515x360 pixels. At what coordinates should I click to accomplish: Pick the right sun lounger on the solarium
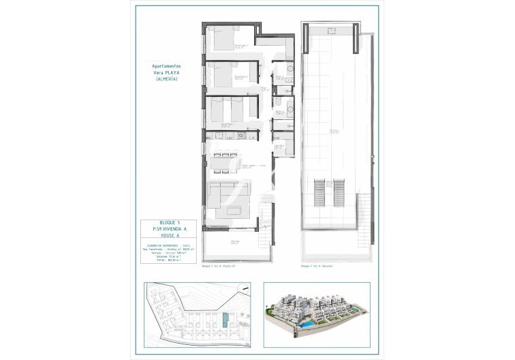[x=340, y=192]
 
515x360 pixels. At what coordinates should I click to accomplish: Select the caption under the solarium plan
[x=319, y=267]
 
